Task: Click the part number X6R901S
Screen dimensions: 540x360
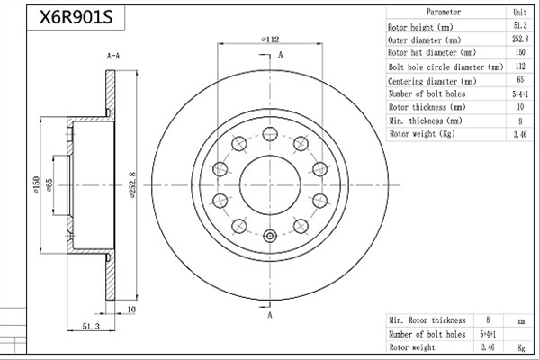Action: click(76, 17)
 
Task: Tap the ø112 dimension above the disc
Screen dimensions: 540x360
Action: click(270, 40)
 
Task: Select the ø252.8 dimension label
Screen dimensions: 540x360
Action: click(133, 184)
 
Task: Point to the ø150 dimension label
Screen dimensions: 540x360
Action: click(37, 185)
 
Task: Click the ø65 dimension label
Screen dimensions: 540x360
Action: click(49, 185)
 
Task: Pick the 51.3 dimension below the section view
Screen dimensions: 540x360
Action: click(91, 326)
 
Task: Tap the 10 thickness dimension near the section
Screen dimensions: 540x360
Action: click(131, 310)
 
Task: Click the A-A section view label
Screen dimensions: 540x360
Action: click(113, 56)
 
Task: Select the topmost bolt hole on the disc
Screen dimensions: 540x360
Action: click(270, 134)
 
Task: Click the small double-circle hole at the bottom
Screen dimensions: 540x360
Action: click(270, 237)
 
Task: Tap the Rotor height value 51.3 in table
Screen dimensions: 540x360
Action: click(520, 25)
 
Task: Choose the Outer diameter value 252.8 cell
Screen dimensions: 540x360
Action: click(520, 39)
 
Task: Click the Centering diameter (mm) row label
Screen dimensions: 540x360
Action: click(432, 81)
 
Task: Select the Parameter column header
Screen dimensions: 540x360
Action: click(443, 12)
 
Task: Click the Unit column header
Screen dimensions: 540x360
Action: click(519, 13)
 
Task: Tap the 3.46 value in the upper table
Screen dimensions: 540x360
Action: click(520, 134)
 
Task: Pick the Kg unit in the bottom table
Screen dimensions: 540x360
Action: click(521, 347)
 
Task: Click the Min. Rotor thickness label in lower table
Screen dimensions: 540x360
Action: click(427, 320)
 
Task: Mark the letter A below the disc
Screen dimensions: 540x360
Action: click(270, 315)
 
